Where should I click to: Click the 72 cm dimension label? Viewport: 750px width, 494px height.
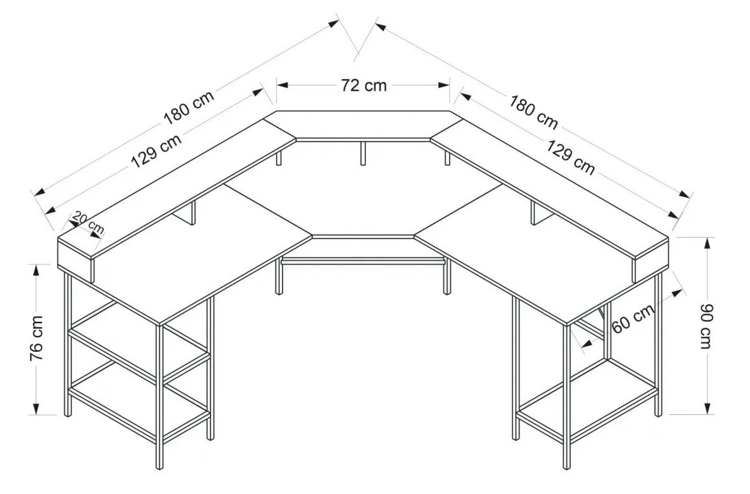click(364, 85)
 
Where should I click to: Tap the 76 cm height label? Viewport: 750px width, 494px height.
click(37, 338)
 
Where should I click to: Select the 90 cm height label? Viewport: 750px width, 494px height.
click(707, 326)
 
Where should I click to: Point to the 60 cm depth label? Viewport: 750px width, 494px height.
click(633, 319)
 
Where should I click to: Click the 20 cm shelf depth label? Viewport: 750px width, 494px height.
click(88, 223)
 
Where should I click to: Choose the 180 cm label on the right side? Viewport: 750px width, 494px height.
click(533, 112)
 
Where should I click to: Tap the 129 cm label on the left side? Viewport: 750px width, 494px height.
click(156, 151)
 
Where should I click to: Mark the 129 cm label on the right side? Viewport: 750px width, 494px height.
click(571, 157)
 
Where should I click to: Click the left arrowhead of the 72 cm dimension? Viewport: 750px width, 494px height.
click(282, 85)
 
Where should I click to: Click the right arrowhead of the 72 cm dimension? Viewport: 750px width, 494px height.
click(445, 85)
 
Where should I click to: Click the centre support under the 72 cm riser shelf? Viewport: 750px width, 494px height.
click(363, 153)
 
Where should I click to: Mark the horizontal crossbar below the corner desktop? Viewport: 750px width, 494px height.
click(363, 261)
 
